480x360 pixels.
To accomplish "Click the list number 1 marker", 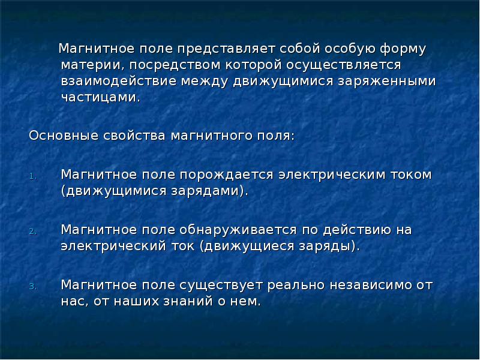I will (x=34, y=176).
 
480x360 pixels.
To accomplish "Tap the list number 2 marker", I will (x=34, y=231).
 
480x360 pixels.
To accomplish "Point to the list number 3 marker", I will (x=34, y=286).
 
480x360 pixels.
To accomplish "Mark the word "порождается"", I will (x=226, y=175).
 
